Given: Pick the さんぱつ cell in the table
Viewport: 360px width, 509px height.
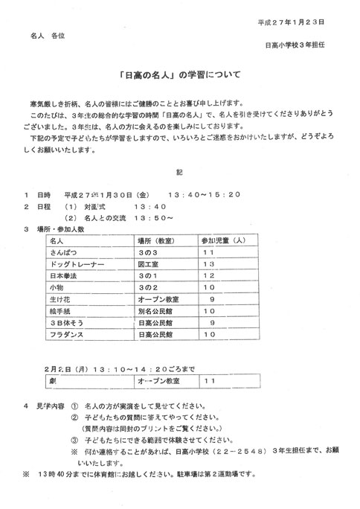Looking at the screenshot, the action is click(65, 254).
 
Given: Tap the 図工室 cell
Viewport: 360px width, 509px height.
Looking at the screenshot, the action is click(150, 265).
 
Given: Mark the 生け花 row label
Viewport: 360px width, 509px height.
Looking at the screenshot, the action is click(60, 298).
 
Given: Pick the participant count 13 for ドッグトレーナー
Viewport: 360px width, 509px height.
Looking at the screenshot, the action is click(209, 265).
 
